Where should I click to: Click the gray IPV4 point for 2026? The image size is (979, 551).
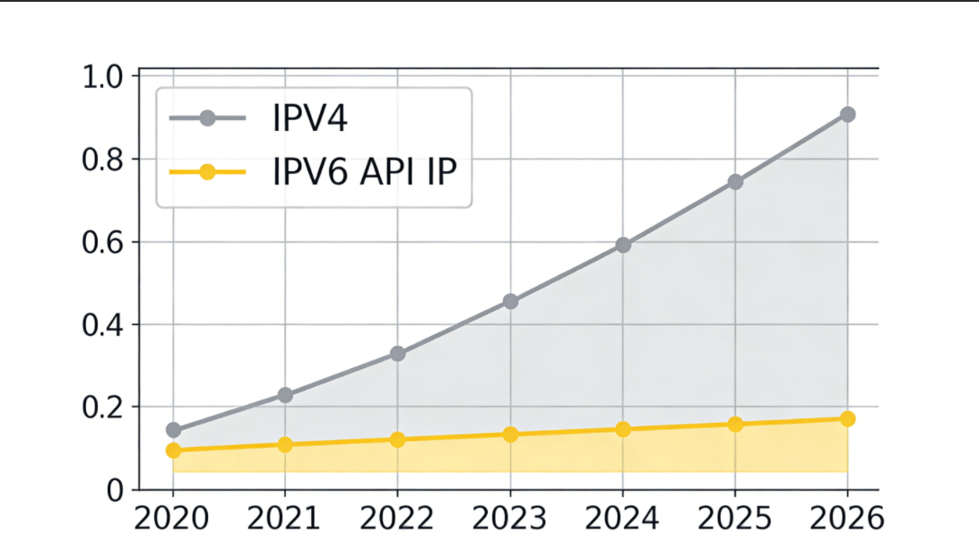tap(847, 115)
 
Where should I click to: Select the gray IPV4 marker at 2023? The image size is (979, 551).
tap(510, 301)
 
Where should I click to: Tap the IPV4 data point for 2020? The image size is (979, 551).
tap(173, 430)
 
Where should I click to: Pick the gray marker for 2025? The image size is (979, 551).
tap(735, 182)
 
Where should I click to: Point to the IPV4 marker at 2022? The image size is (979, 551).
tap(398, 354)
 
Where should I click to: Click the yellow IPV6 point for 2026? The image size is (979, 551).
tap(847, 419)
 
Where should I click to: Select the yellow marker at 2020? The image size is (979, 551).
tap(173, 450)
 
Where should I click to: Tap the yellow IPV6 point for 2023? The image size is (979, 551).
tap(510, 435)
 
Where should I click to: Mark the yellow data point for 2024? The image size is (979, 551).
tap(623, 429)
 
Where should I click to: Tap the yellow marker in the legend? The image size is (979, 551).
tap(207, 171)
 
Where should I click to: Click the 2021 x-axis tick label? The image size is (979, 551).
tap(284, 518)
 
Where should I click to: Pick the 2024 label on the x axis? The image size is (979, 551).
tap(623, 518)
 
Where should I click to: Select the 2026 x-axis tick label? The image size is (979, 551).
tap(847, 518)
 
